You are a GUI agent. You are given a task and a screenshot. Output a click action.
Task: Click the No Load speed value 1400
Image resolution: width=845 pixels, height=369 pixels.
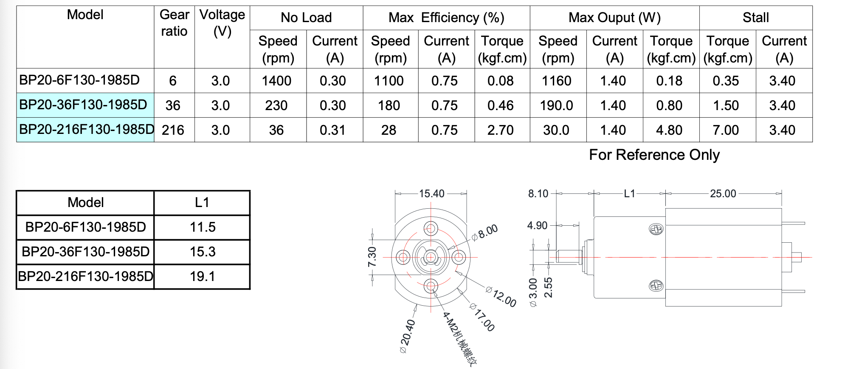click(276, 81)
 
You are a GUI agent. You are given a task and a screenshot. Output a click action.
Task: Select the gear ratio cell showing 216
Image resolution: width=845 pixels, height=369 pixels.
click(173, 130)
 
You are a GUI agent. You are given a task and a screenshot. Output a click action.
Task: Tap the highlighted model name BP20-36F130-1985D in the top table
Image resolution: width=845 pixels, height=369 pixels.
click(83, 105)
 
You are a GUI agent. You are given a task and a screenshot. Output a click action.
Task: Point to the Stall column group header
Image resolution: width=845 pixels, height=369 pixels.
click(755, 17)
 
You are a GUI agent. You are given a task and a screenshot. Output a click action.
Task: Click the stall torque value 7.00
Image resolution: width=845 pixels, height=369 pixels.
click(726, 130)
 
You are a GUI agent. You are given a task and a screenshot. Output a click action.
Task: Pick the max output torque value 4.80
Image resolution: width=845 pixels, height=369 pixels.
click(669, 130)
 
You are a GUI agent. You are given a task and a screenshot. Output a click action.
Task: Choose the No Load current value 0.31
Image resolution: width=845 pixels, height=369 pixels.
click(333, 130)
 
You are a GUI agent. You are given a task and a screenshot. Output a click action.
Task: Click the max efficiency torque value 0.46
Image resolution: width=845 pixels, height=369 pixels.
click(501, 105)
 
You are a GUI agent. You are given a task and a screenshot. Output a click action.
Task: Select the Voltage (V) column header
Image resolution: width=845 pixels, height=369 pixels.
click(222, 23)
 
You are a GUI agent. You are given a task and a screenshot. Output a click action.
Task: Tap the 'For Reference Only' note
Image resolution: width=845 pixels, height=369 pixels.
click(654, 155)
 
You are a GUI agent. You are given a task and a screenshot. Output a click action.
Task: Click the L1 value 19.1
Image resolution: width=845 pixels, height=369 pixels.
click(203, 277)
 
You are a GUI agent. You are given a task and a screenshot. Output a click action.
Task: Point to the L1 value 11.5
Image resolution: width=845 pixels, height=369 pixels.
click(203, 227)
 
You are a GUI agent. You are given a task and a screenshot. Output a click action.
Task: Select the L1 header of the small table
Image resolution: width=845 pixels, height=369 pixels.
click(202, 202)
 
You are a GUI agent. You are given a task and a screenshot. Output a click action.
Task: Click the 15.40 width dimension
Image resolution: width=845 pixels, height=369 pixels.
click(431, 193)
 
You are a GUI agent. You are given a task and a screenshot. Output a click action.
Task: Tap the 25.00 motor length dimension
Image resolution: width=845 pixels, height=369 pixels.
click(723, 193)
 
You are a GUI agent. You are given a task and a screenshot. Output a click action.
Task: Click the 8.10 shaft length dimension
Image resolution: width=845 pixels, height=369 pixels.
click(538, 193)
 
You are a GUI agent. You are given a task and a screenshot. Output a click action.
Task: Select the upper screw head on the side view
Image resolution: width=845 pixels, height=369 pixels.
click(656, 230)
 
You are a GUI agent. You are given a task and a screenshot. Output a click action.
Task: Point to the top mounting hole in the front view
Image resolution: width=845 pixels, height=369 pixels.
click(431, 229)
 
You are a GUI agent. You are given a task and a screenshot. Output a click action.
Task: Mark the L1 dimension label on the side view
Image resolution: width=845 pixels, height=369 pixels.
click(629, 193)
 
